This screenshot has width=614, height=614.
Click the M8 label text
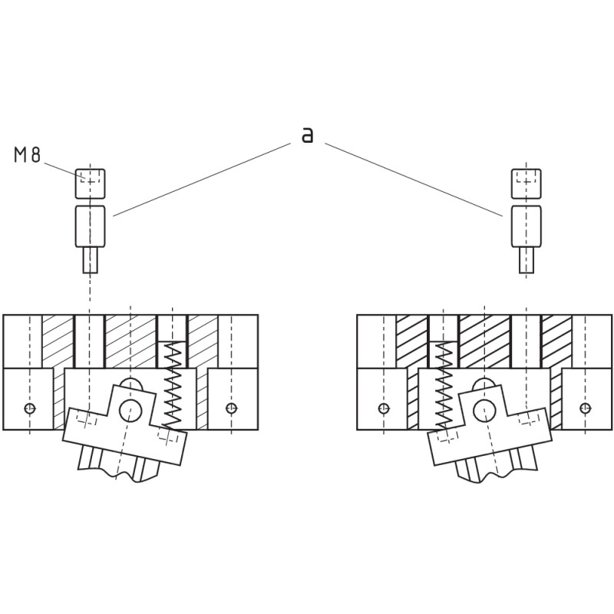point(27,154)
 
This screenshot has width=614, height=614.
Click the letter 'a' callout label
point(308,135)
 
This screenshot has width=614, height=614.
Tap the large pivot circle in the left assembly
point(130,411)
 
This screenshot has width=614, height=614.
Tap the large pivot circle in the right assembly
point(485,411)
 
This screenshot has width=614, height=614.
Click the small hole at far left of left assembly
point(30,408)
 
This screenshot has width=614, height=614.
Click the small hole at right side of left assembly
point(232,408)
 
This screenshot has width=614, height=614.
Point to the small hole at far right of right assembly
point(586,408)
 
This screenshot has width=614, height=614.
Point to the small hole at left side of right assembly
point(384,408)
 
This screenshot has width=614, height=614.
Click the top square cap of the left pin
point(90,183)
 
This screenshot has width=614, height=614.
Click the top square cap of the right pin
point(527,183)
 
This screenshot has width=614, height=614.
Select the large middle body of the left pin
point(90,226)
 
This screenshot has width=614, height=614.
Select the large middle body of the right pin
point(527,226)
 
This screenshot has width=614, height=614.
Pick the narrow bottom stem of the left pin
point(90,260)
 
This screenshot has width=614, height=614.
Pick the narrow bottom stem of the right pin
point(527,260)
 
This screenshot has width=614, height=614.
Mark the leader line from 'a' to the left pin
point(202,180)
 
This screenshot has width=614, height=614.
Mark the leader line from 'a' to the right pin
point(414,180)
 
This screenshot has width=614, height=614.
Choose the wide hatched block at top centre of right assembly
point(484,341)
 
